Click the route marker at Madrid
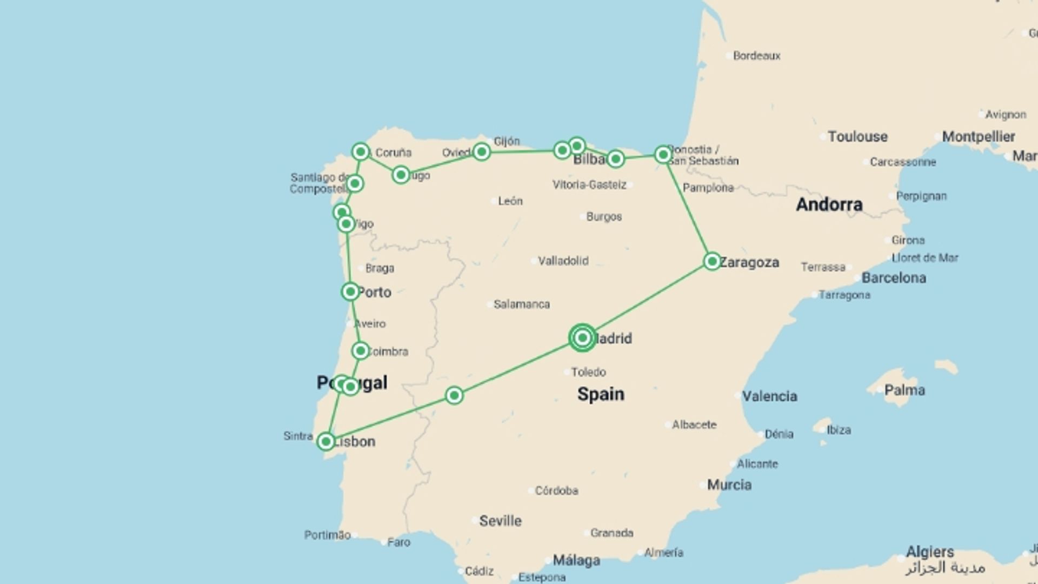pyautogui.click(x=582, y=338)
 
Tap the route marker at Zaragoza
pyautogui.click(x=712, y=262)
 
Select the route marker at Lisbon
pyautogui.click(x=325, y=441)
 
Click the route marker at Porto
pyautogui.click(x=350, y=292)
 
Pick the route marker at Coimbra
pyautogui.click(x=361, y=351)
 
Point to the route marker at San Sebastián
pyautogui.click(x=663, y=155)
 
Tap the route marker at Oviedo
pyautogui.click(x=481, y=152)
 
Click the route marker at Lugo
pyautogui.click(x=401, y=175)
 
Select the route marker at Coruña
pyautogui.click(x=361, y=152)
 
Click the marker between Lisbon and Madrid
pyautogui.click(x=454, y=395)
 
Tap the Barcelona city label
pyautogui.click(x=893, y=278)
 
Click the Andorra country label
pyautogui.click(x=829, y=204)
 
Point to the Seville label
pyautogui.click(x=500, y=521)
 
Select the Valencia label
pyautogui.click(x=769, y=396)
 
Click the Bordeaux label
pyautogui.click(x=756, y=56)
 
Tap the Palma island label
pyautogui.click(x=904, y=390)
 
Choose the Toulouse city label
pyautogui.click(x=857, y=136)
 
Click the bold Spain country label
pyautogui.click(x=601, y=394)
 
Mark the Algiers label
pyautogui.click(x=929, y=552)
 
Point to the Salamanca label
pyautogui.click(x=521, y=304)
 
